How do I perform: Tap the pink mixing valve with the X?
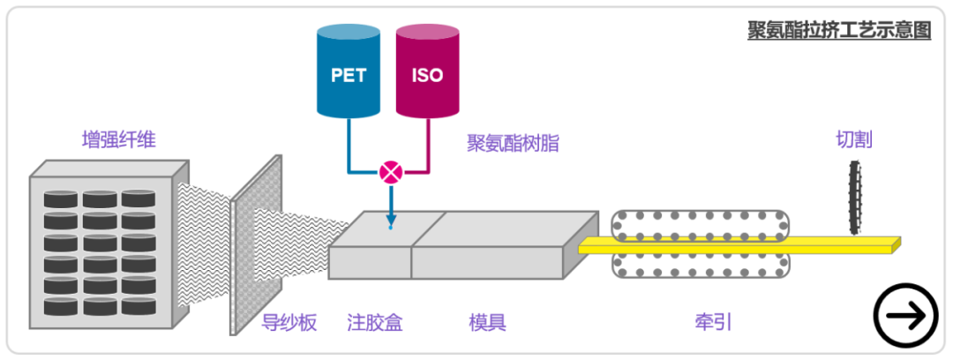(389, 172)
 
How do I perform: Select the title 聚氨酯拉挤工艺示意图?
(839, 29)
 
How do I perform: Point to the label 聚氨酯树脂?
(513, 143)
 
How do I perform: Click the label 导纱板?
(289, 323)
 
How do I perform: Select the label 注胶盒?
(374, 323)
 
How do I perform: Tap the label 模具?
(487, 323)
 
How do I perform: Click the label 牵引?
(714, 323)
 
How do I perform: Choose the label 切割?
(855, 139)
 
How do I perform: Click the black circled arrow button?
(905, 315)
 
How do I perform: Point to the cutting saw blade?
(854, 197)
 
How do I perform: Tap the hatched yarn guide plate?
(256, 247)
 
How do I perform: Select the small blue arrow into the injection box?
(389, 212)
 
